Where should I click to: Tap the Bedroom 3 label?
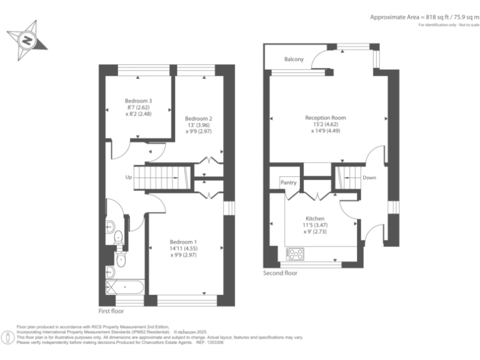pyautogui.click(x=138, y=101)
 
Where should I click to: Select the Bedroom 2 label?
pyautogui.click(x=199, y=119)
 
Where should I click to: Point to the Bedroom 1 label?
pyautogui.click(x=183, y=242)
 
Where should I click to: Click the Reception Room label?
pyautogui.click(x=325, y=117)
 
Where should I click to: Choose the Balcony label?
pyautogui.click(x=294, y=59)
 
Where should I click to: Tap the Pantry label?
pyautogui.click(x=288, y=183)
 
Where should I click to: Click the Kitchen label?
pyautogui.click(x=314, y=219)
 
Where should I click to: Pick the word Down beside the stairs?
pyautogui.click(x=369, y=177)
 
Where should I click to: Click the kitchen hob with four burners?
pyautogui.click(x=295, y=254)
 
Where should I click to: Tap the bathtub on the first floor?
pyautogui.click(x=125, y=287)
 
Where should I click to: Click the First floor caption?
pyautogui.click(x=111, y=311)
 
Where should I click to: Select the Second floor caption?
pyautogui.click(x=281, y=273)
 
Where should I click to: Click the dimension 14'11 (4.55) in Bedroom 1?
pyautogui.click(x=183, y=248)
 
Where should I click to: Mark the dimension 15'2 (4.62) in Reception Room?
pyautogui.click(x=325, y=124)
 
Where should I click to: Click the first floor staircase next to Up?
pyautogui.click(x=162, y=177)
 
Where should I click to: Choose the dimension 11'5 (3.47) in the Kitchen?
pyautogui.click(x=314, y=225)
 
